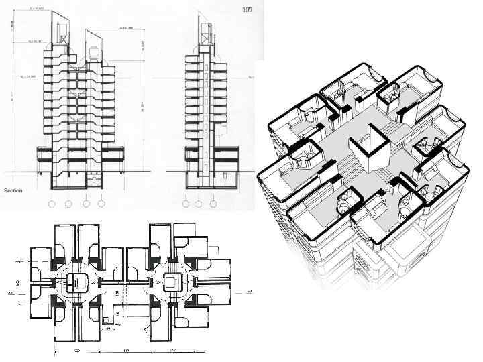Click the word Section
click(13, 190)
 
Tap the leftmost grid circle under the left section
click(52, 203)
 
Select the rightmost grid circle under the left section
click(101, 203)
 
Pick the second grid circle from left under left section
click(68, 203)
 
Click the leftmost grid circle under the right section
click(185, 203)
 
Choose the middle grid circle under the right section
click(201, 203)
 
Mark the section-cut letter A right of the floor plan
click(249, 293)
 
